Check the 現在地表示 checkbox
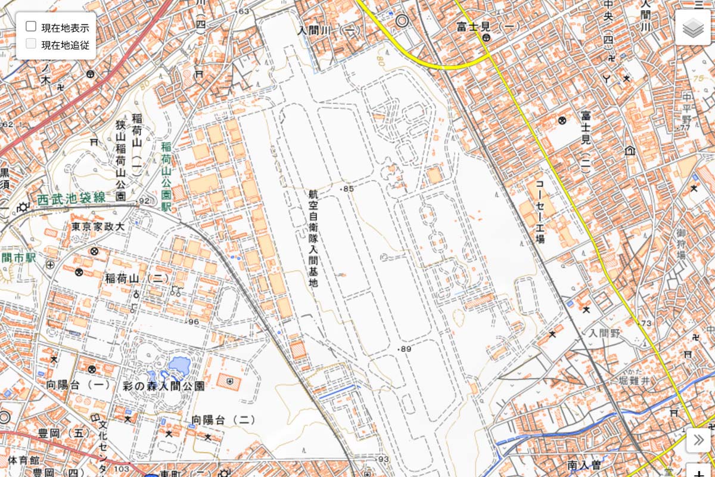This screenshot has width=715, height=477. (31, 27)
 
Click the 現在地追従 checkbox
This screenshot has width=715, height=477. (31, 44)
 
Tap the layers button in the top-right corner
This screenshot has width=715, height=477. (693, 28)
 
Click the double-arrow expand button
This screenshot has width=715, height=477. (698, 441)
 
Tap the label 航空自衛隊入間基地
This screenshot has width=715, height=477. (313, 238)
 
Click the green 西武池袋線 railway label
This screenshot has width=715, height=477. (71, 199)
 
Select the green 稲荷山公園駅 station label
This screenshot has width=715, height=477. (166, 176)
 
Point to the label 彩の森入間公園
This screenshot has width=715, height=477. (163, 386)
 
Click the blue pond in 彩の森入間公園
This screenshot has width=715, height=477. (178, 366)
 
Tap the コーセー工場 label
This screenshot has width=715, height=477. (540, 211)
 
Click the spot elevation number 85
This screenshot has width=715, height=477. (348, 189)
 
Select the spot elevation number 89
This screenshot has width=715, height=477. (406, 349)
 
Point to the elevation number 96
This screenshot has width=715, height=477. (193, 322)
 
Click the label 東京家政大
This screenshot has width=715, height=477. (97, 227)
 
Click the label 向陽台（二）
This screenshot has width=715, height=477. (223, 420)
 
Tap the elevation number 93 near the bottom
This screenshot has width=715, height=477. (383, 459)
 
